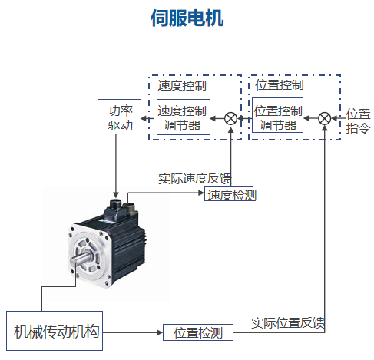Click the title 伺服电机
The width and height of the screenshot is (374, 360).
click(187, 18)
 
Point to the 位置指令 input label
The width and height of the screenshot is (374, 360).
click(358, 121)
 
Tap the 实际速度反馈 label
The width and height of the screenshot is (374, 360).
click(195, 179)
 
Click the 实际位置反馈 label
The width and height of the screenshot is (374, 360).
click(288, 323)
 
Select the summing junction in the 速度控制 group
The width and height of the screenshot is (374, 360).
click(230, 119)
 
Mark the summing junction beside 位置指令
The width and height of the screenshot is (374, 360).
click(325, 118)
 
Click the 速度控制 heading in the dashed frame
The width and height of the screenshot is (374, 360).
click(182, 85)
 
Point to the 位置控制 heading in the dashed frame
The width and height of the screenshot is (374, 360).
click(280, 85)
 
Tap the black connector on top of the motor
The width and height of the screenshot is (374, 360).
click(115, 204)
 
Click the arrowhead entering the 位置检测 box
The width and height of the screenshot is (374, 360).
click(160, 332)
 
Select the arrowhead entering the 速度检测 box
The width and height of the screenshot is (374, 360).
click(201, 193)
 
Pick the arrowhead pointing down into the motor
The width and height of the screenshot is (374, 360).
click(116, 194)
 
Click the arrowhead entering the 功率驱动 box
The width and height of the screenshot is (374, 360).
click(144, 118)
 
